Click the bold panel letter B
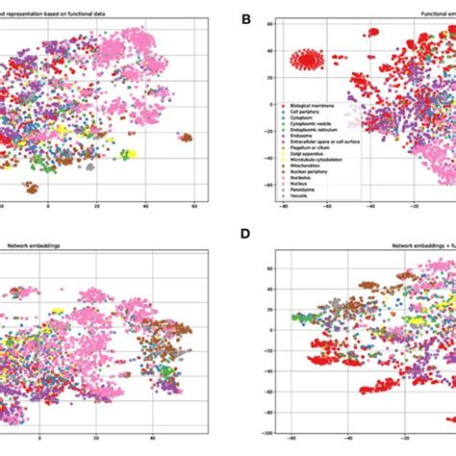click(x=246, y=19)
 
